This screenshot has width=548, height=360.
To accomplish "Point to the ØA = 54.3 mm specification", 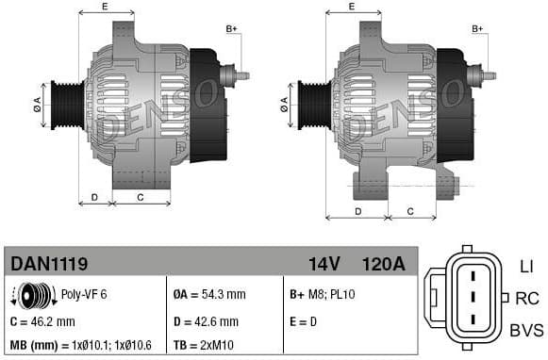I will click(210, 294).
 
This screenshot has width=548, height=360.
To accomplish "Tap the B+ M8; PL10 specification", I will click(321, 294).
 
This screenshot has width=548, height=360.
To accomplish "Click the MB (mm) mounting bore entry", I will click(79, 345).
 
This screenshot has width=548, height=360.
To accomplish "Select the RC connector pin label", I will click(526, 299).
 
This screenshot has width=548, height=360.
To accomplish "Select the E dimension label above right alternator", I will click(352, 8).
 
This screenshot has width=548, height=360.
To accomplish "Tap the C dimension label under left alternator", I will click(141, 197).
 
